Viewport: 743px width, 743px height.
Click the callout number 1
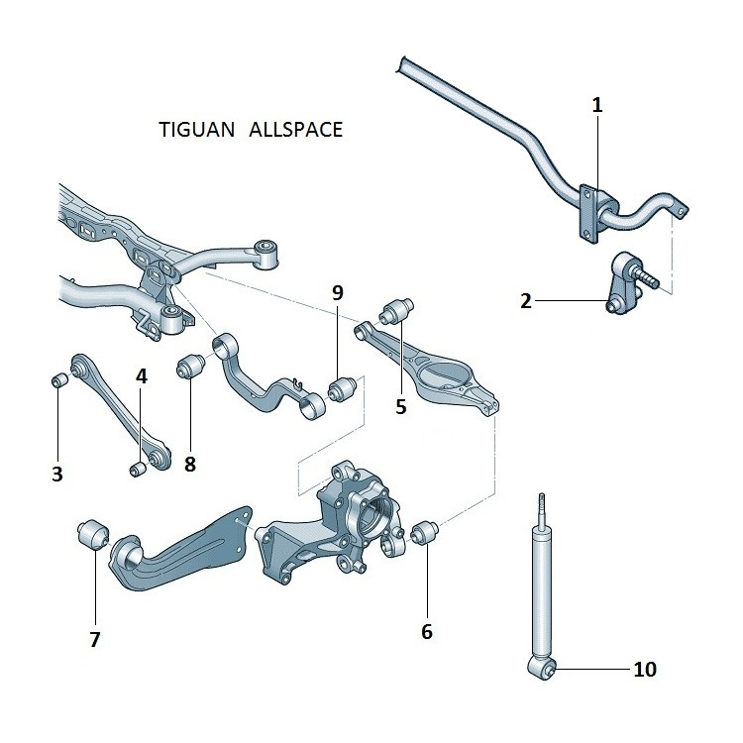[597, 104]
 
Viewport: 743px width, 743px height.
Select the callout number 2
[526, 300]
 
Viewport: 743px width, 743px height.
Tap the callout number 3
[57, 475]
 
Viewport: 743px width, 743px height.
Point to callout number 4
[142, 376]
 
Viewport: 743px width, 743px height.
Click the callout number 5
[401, 405]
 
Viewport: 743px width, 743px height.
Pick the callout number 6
[427, 631]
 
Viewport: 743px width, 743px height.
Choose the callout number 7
[95, 639]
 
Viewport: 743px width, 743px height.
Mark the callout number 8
[189, 462]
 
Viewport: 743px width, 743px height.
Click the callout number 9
[338, 292]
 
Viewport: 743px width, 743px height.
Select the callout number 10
[644, 670]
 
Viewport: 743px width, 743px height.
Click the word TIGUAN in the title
[194, 131]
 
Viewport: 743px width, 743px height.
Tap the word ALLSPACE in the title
[296, 131]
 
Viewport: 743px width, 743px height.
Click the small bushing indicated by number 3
[58, 380]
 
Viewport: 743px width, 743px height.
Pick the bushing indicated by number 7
[92, 533]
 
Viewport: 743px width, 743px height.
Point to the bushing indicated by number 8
[189, 369]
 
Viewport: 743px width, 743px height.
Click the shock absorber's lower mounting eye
[546, 672]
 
